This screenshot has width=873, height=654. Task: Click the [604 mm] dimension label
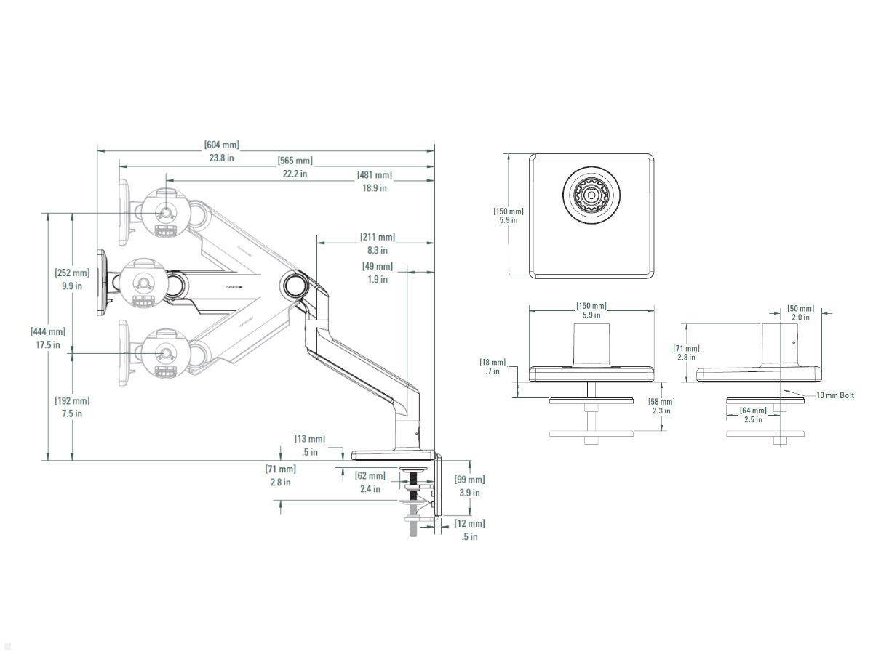[222, 145]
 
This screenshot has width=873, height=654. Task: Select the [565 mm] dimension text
[295, 161]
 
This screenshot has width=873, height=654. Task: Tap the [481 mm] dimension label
[374, 175]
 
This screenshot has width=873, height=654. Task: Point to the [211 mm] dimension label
[378, 238]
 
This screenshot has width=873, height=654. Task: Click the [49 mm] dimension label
[377, 267]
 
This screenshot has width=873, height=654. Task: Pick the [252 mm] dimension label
[72, 273]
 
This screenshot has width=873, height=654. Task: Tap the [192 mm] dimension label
[72, 401]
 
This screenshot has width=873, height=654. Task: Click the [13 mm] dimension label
[309, 439]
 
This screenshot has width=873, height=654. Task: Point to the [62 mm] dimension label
[370, 476]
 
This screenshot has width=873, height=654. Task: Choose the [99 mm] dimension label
[469, 480]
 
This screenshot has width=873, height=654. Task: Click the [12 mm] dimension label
[469, 524]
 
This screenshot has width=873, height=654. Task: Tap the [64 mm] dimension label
[752, 411]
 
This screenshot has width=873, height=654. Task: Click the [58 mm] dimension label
[661, 402]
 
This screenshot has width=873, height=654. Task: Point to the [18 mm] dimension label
[493, 362]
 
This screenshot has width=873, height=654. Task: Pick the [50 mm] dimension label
[800, 309]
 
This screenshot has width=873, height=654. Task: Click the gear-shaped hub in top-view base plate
[590, 195]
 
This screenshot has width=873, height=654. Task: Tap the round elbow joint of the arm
[296, 283]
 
